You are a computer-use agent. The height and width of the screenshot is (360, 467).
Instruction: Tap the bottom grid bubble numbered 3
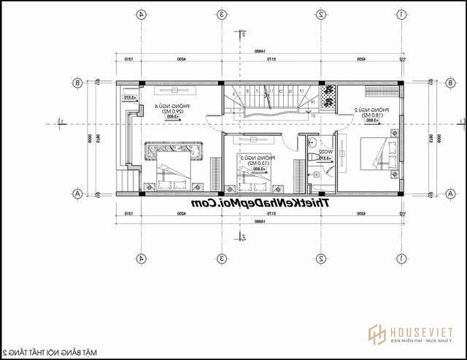point(221,258)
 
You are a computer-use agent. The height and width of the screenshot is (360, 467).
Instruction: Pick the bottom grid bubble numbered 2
point(320,258)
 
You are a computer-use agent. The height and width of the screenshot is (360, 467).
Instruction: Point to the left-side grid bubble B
point(77,83)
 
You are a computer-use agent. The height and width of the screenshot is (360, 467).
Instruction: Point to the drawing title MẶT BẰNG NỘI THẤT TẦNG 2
point(49,352)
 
